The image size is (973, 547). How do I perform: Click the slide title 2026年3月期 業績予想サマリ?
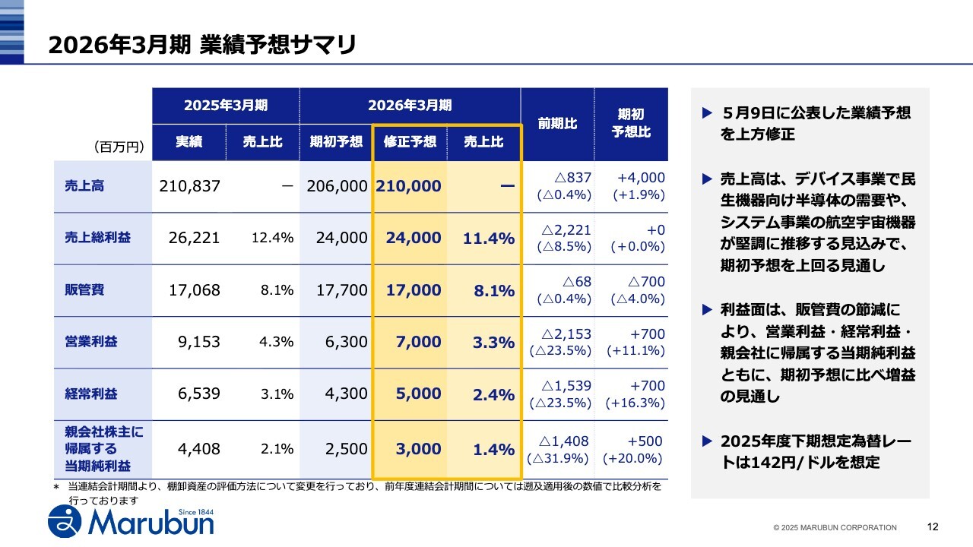click(202, 45)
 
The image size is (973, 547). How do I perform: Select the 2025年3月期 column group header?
click(225, 106)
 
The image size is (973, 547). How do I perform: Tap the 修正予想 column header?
click(410, 142)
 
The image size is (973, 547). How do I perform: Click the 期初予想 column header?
click(336, 142)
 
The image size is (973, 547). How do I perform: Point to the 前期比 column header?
click(557, 123)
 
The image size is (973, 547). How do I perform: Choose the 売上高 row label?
click(84, 186)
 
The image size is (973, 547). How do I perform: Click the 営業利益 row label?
click(91, 342)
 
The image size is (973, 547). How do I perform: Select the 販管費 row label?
click(84, 290)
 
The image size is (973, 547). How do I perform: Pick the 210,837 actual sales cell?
click(189, 186)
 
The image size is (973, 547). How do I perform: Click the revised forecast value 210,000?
click(408, 186)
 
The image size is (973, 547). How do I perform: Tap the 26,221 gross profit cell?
click(194, 238)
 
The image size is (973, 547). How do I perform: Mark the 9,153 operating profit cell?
click(198, 342)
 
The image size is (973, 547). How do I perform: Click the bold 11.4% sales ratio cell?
click(489, 239)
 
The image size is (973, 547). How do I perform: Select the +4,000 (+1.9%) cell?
click(640, 186)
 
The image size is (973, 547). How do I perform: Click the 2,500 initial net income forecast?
click(346, 449)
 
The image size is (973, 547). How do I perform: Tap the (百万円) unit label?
click(119, 147)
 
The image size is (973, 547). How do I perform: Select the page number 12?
click(933, 526)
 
